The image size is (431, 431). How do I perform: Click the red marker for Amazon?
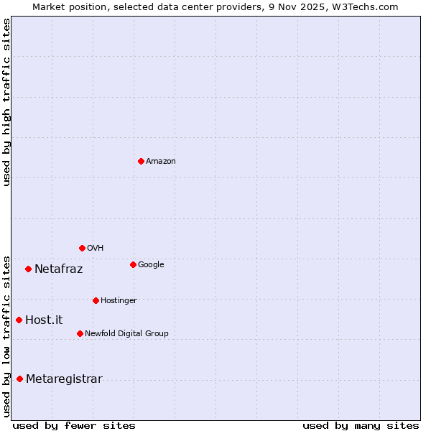(141, 161)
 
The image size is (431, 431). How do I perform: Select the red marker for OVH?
(82, 248)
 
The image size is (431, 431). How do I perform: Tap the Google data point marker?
(133, 264)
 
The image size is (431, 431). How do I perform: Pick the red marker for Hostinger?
(96, 300)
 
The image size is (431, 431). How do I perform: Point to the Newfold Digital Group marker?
(80, 333)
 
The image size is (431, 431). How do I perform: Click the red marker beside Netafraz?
(28, 269)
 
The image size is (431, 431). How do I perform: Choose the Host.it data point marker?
(19, 320)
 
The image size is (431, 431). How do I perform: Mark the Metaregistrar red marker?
(19, 379)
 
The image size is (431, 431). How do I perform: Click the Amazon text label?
(161, 162)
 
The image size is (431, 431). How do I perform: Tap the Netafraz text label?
(58, 269)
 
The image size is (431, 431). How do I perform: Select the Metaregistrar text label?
(64, 379)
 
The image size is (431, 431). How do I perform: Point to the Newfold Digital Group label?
(126, 333)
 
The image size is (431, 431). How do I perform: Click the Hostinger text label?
(119, 300)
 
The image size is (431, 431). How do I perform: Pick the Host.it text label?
(44, 320)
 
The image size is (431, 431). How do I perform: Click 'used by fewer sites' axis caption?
(74, 425)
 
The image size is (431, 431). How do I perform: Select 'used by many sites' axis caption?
(361, 425)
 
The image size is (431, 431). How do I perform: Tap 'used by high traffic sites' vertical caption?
(6, 102)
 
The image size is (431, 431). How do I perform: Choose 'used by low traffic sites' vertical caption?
(6, 335)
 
